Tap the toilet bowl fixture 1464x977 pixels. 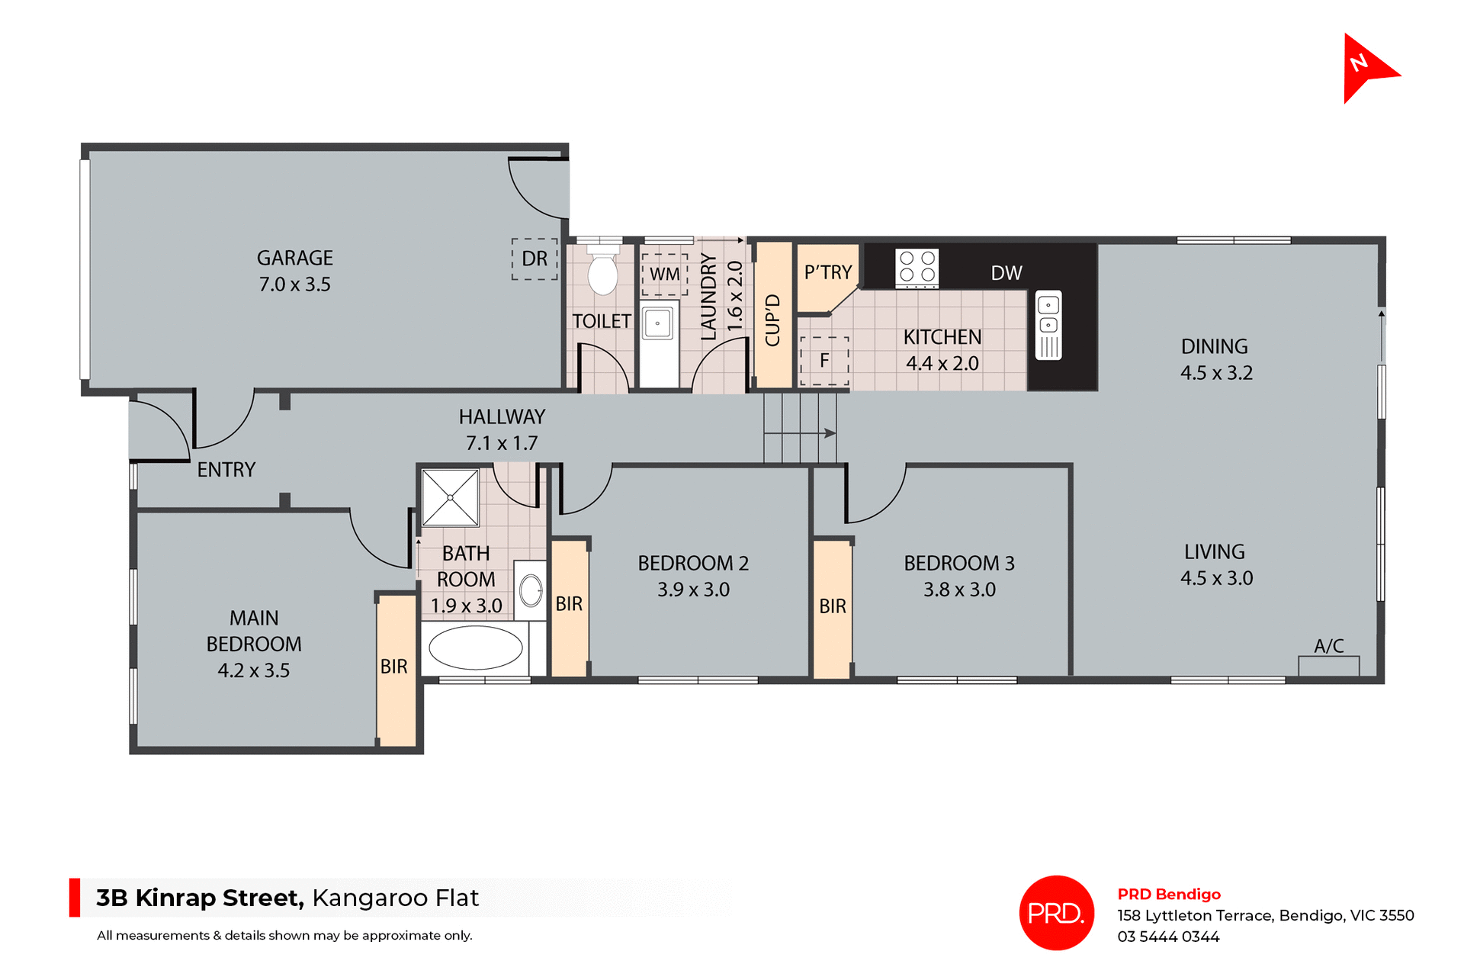[x=603, y=272]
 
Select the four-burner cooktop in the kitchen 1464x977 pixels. [x=917, y=268]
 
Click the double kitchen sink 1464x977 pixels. [x=1048, y=325]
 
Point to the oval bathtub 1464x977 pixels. [x=476, y=648]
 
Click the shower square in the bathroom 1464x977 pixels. [x=450, y=497]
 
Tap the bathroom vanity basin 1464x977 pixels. [x=531, y=590]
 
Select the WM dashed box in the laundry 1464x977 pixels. [x=665, y=275]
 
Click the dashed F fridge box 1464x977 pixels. [x=824, y=361]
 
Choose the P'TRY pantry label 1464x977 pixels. [x=828, y=272]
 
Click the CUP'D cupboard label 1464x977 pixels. [x=772, y=320]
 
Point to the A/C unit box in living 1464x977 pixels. [x=1328, y=665]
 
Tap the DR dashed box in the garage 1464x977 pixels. [x=535, y=259]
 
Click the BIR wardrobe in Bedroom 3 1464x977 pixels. [x=833, y=607]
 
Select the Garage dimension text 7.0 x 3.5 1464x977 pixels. [x=295, y=284]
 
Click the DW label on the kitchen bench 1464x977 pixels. [x=1006, y=273]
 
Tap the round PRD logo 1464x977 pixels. [x=1056, y=912]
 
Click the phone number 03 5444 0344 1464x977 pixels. [x=1168, y=937]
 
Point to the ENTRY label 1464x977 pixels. [x=226, y=470]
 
